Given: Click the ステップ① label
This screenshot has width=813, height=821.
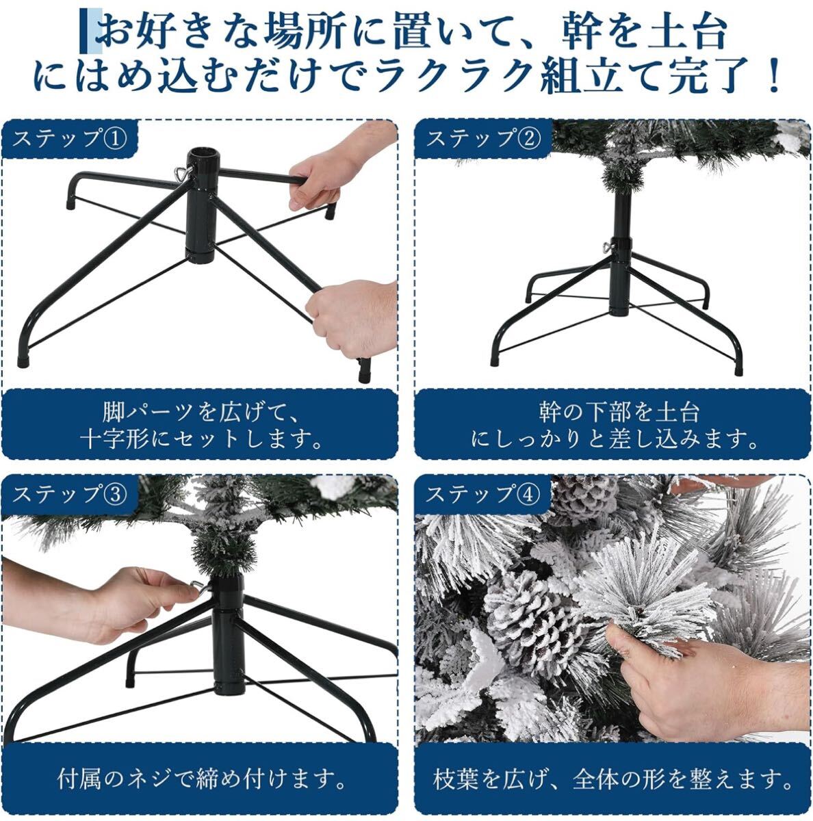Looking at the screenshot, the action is pyautogui.click(x=70, y=140).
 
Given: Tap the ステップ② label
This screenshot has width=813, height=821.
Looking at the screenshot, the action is pyautogui.click(x=483, y=140).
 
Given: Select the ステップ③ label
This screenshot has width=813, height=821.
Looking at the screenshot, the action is pyautogui.click(x=70, y=495).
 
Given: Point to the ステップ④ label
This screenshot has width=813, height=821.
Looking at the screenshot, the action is pyautogui.click(x=483, y=495).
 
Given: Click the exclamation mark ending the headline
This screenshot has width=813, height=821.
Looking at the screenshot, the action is pyautogui.click(x=774, y=76).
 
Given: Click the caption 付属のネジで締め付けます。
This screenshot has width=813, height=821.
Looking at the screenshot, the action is pyautogui.click(x=202, y=779).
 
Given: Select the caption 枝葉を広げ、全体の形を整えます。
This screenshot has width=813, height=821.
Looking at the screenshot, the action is pyautogui.click(x=612, y=779).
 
